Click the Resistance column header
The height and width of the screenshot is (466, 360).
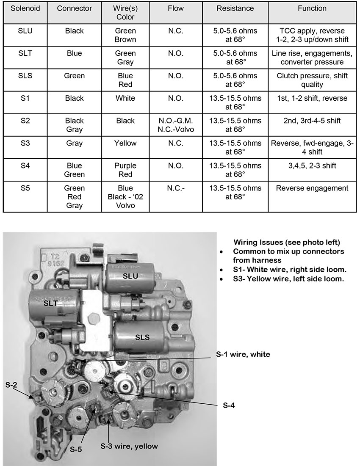(x=235, y=8)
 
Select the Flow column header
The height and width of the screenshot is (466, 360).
(x=175, y=8)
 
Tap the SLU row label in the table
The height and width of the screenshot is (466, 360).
(x=25, y=31)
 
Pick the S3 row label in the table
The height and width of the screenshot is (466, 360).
(x=25, y=143)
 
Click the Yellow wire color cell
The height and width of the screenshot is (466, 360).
(x=125, y=143)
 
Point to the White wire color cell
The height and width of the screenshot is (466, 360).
(x=125, y=98)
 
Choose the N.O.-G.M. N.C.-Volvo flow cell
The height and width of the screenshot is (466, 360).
(x=175, y=125)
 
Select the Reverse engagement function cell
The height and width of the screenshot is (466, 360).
(x=312, y=188)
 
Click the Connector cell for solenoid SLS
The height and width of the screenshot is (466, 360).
(x=74, y=76)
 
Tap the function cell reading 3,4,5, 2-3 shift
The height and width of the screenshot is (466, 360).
(x=312, y=165)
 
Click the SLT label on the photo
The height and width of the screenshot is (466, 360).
(x=50, y=303)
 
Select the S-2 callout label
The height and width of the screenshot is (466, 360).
(x=12, y=385)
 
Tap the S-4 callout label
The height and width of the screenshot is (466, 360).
(x=229, y=405)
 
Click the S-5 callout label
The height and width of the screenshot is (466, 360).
(x=76, y=449)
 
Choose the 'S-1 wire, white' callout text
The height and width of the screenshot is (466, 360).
(x=243, y=354)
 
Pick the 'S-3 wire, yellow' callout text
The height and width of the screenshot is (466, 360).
(x=129, y=446)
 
